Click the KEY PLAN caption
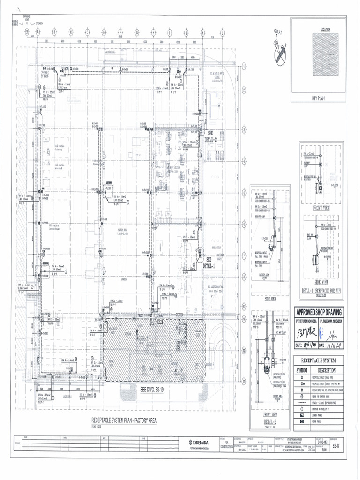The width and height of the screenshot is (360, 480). pyautogui.click(x=319, y=98)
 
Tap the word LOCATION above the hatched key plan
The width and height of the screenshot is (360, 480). pyautogui.click(x=325, y=30)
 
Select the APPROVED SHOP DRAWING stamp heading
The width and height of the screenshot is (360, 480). pyautogui.click(x=319, y=312)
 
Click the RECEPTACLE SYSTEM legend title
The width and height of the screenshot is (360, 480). pyautogui.click(x=319, y=360)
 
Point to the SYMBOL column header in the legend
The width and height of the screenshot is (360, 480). pyautogui.click(x=302, y=370)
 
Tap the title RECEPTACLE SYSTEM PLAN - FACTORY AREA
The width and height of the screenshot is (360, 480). pyautogui.click(x=124, y=420)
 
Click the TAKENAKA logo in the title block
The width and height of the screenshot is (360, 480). pyautogui.click(x=199, y=442)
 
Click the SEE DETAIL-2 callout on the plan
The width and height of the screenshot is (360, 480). pyautogui.click(x=210, y=136)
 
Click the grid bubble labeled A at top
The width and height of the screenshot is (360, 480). pyautogui.click(x=38, y=32)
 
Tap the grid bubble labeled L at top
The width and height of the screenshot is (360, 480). pyautogui.click(x=222, y=32)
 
